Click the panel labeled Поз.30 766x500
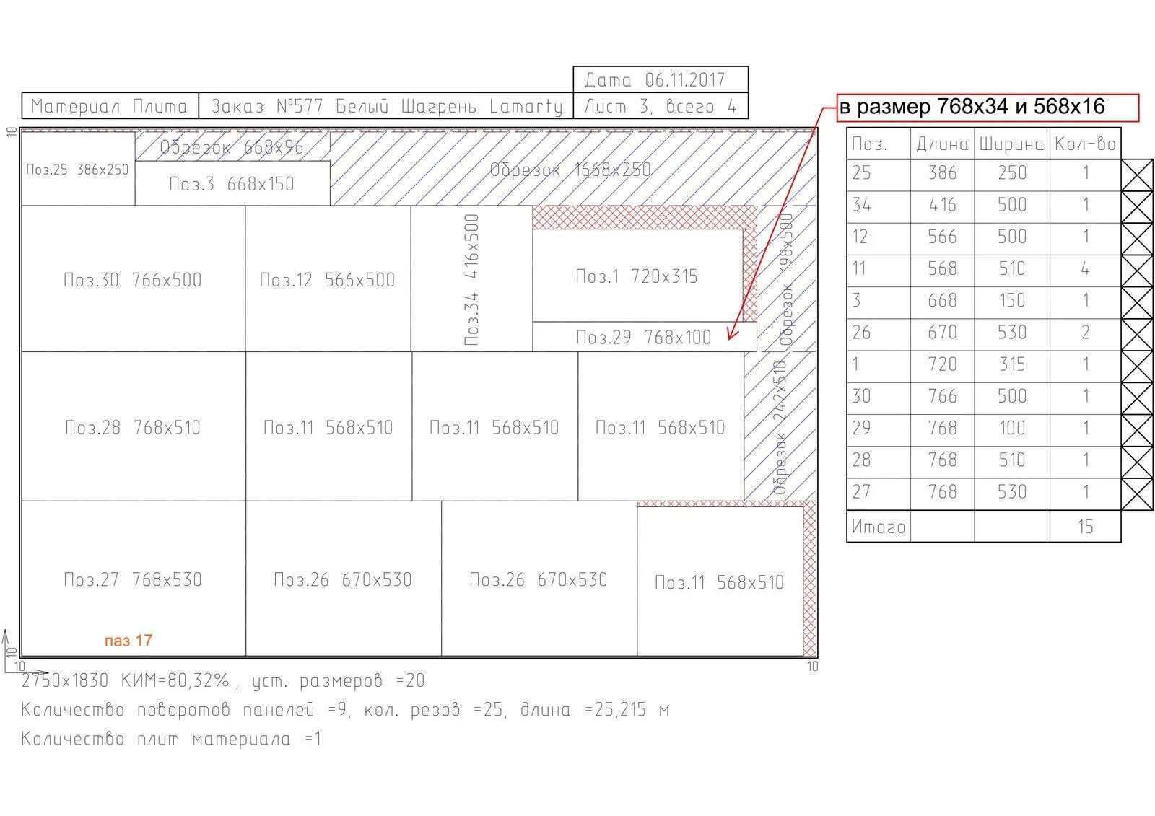tap(133, 279)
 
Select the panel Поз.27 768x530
tap(133, 579)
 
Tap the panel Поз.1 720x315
tap(637, 276)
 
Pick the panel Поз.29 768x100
tap(642, 337)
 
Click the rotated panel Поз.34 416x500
tap(471, 279)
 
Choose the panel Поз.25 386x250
tap(77, 170)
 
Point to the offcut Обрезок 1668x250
tap(570, 170)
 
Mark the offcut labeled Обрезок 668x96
tap(231, 147)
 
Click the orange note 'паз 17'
tap(128, 641)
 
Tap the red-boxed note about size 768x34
tap(987, 108)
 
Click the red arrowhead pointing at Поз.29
tap(732, 334)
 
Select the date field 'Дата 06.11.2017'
tap(660, 79)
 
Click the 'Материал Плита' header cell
tap(109, 107)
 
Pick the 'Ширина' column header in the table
tap(1011, 144)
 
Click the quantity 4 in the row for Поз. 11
tap(1085, 269)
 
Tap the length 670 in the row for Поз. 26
tap(942, 333)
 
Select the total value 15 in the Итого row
tap(1085, 527)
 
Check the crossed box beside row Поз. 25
tap(1137, 175)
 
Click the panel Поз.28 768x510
tap(133, 427)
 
